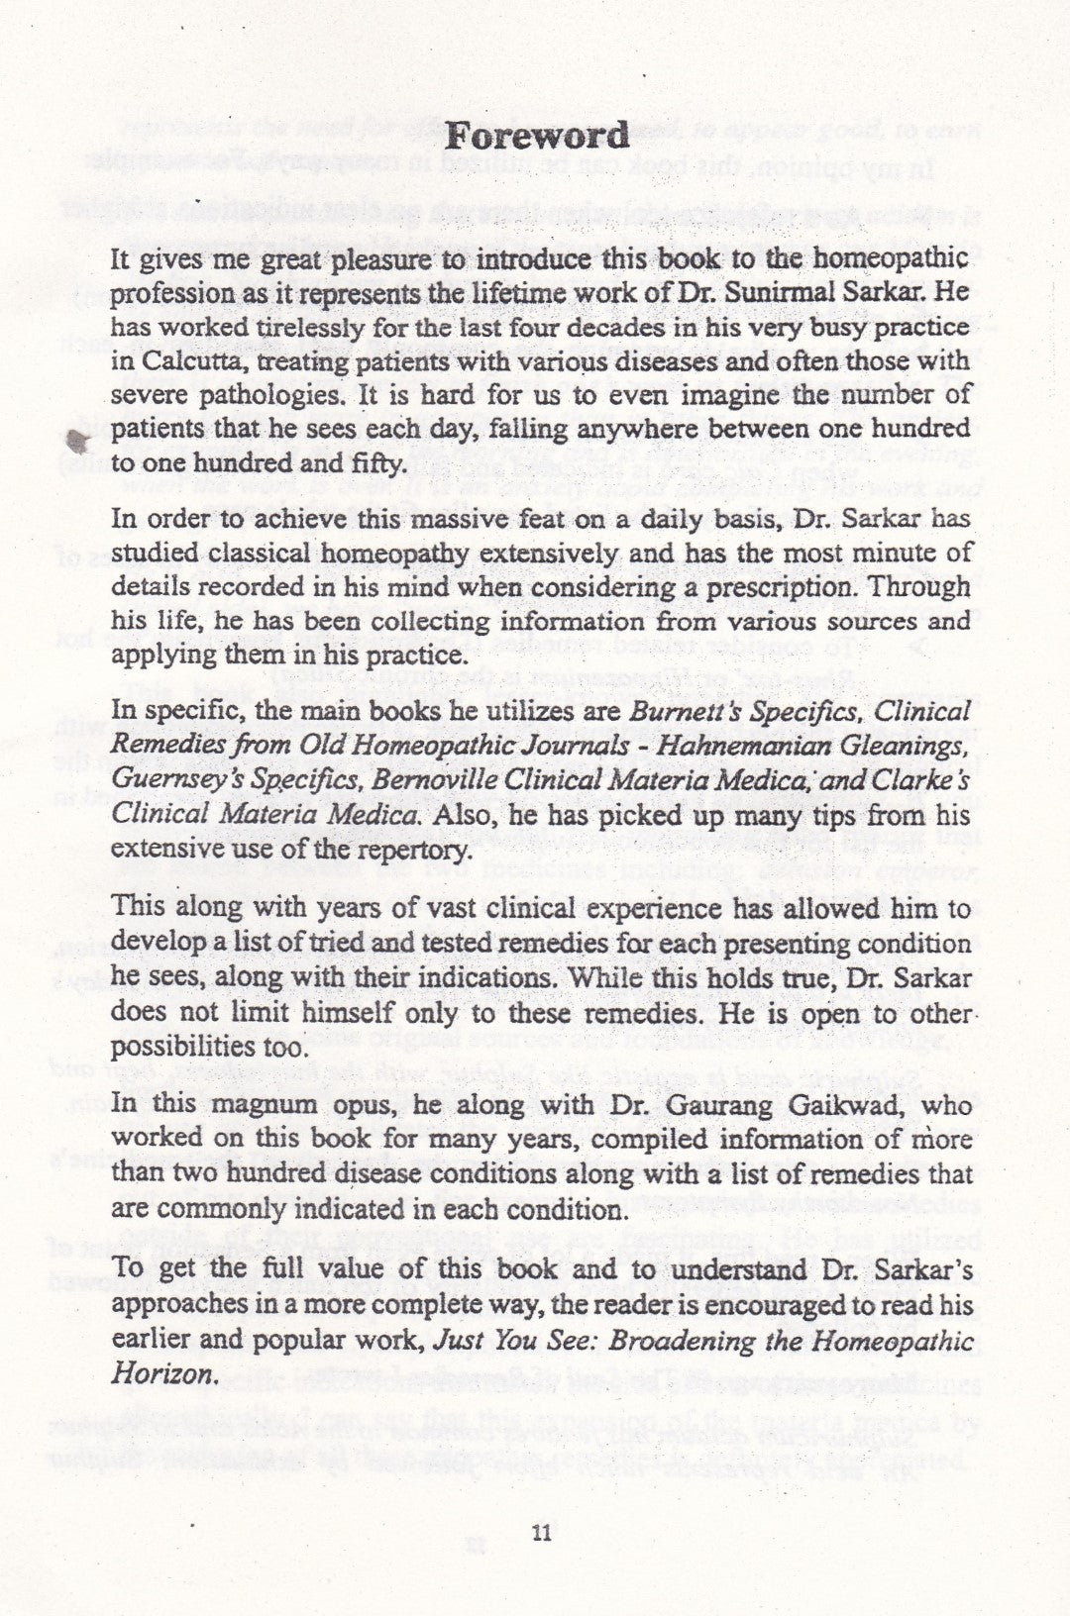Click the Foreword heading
click(536, 136)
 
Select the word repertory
click(413, 850)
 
